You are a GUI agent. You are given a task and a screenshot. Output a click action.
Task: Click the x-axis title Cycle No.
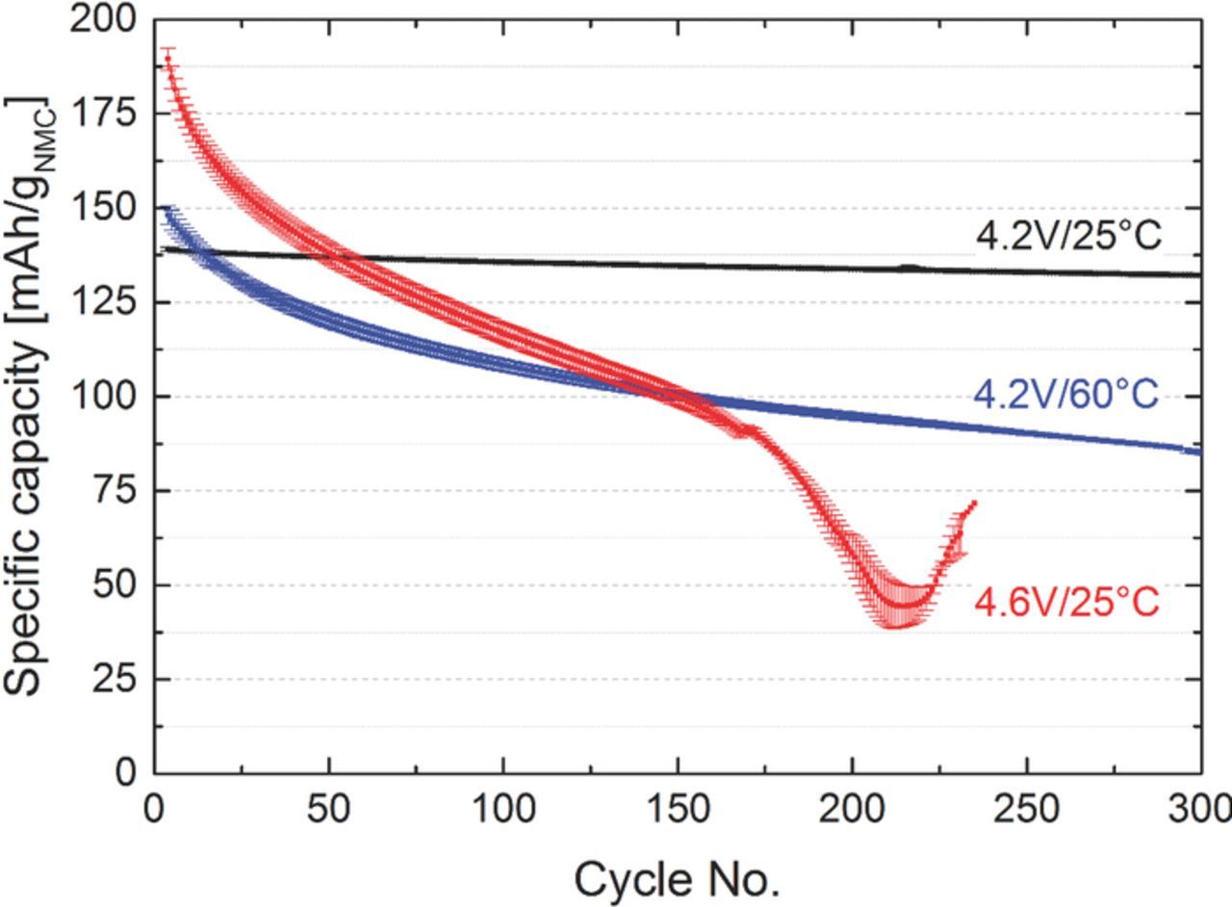click(676, 878)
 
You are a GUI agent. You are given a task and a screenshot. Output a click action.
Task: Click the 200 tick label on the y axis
click(103, 20)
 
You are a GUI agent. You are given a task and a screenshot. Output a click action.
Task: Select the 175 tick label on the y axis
click(103, 114)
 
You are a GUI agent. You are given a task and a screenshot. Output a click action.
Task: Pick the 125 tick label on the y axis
click(103, 302)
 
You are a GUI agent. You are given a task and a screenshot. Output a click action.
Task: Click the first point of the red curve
click(168, 58)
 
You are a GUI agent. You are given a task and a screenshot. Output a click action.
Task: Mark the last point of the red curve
click(974, 503)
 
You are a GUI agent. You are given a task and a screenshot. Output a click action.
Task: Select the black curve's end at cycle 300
click(1200, 275)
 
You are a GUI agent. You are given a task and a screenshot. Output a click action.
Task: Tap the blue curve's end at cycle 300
click(1200, 452)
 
